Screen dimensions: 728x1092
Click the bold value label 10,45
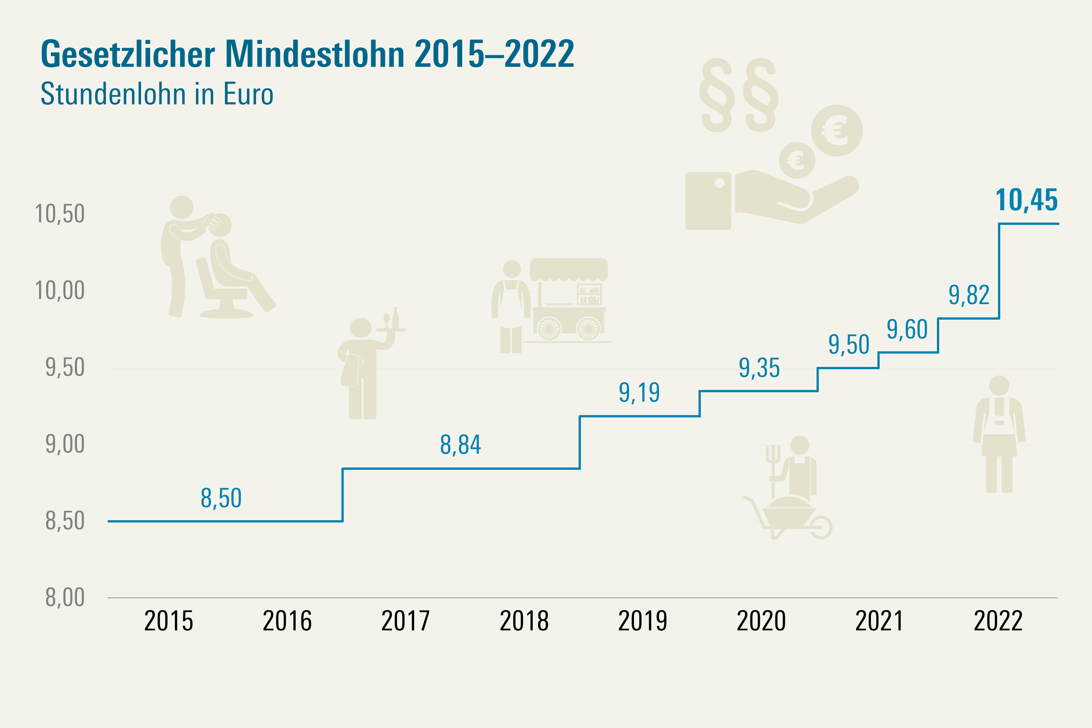(x=1026, y=200)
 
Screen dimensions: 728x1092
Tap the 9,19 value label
(x=639, y=393)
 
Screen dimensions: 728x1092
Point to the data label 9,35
(x=759, y=368)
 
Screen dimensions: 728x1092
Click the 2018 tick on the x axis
(x=524, y=621)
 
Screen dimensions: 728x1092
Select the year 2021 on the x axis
(x=879, y=621)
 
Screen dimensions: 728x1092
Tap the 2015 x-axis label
(x=168, y=621)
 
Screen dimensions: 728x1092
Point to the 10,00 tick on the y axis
(x=60, y=291)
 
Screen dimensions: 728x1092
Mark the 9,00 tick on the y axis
(x=65, y=444)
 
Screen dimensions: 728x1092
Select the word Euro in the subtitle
(x=248, y=94)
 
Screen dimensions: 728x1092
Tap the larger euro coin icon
(x=837, y=130)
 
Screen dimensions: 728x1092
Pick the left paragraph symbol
(x=717, y=95)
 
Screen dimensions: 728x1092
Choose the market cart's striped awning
(x=569, y=269)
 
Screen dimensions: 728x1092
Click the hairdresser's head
(x=182, y=207)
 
